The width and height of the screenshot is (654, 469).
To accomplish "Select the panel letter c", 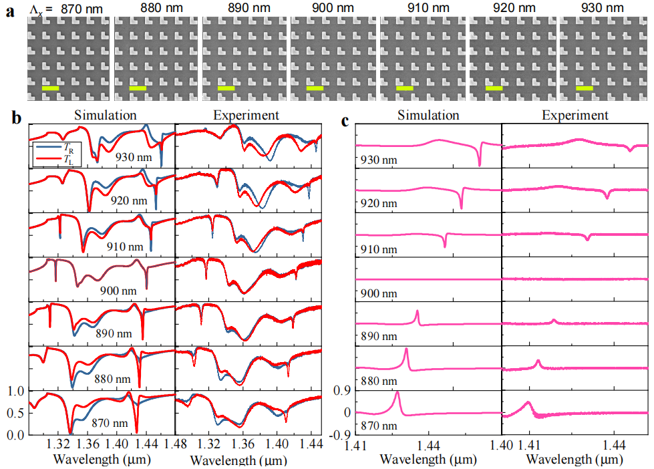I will click(x=345, y=121).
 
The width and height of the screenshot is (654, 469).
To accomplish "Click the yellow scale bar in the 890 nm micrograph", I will click(x=226, y=88).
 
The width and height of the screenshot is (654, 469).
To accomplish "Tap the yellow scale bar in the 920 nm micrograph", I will click(x=494, y=88).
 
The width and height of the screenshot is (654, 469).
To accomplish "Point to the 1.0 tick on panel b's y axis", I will click(x=15, y=391).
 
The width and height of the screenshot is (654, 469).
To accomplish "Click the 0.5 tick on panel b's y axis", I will click(x=15, y=413).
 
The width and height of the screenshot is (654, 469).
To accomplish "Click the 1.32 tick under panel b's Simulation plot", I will click(x=59, y=444).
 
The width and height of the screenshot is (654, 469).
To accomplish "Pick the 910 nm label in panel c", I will click(x=370, y=249).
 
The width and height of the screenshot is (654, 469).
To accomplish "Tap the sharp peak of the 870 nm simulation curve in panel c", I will click(x=397, y=393).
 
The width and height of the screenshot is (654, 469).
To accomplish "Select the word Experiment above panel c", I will click(x=575, y=116).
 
